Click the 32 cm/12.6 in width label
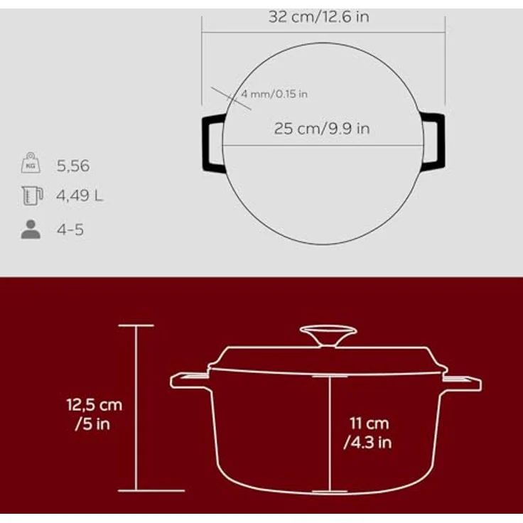[x=318, y=17]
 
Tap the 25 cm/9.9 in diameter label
[x=322, y=129]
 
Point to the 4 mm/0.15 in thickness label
[x=274, y=94]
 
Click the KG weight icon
[x=31, y=163]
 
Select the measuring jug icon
[x=32, y=195]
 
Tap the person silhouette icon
[x=31, y=230]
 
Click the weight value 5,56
[x=73, y=166]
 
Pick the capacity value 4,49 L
[x=80, y=195]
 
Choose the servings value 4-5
[x=70, y=230]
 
